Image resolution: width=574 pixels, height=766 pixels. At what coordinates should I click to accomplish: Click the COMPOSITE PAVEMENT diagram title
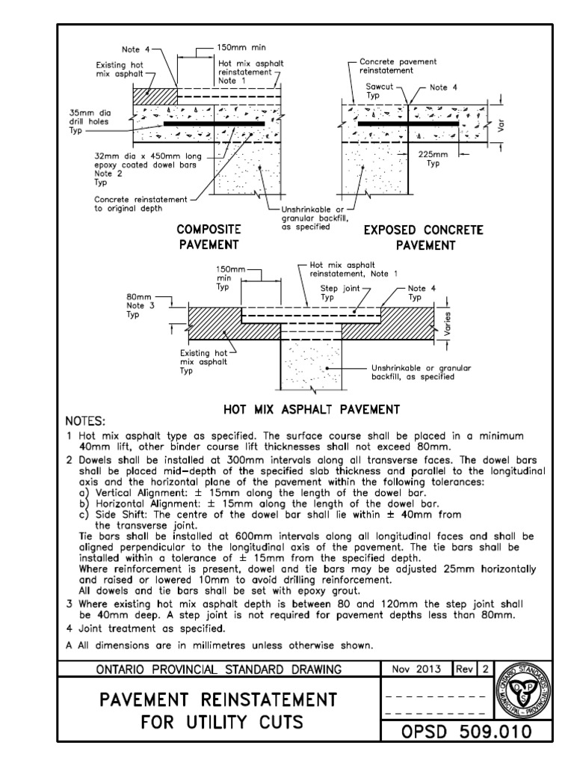coord(209,236)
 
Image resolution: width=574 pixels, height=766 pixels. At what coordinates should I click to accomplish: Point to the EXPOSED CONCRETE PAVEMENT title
coord(423,236)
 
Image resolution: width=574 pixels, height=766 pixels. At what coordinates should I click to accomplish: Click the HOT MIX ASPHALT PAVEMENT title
coord(312,409)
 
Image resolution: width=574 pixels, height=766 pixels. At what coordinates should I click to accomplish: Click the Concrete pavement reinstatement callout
coord(398,67)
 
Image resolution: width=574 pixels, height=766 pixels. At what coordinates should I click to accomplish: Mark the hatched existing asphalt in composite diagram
coord(155,96)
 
